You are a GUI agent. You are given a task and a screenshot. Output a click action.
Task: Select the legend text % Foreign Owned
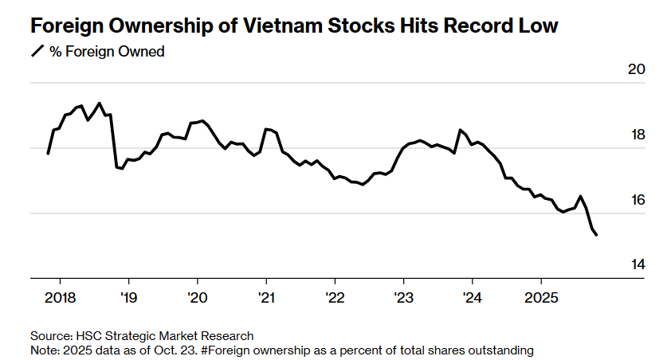tap(107, 53)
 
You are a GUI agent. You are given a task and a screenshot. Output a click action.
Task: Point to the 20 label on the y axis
tap(636, 69)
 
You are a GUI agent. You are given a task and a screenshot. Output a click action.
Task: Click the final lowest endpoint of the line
tap(598, 234)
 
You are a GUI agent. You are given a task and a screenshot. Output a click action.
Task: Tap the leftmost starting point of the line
tap(49, 153)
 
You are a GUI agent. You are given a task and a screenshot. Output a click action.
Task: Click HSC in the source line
tap(89, 336)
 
